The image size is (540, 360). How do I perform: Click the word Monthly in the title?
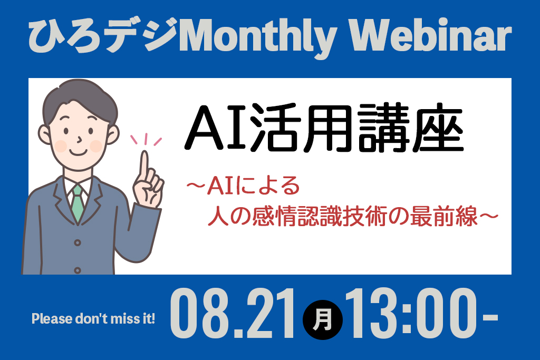click(x=257, y=37)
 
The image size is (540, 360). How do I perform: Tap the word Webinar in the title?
click(x=430, y=35)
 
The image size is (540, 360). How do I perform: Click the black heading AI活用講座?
click(x=324, y=128)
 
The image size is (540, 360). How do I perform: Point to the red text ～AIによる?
click(x=243, y=186)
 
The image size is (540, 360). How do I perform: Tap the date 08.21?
click(x=233, y=314)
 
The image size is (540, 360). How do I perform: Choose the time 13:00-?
click(x=421, y=314)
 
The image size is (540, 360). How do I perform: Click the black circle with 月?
click(x=322, y=320)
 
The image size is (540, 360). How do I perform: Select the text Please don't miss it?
click(x=93, y=319)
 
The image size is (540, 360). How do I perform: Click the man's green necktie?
click(x=78, y=204)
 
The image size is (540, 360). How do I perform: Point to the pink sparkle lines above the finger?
click(x=146, y=139)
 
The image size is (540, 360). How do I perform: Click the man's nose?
click(x=80, y=139)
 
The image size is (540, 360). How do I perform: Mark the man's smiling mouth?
click(x=78, y=152)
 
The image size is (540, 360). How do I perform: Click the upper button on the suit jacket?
click(x=78, y=243)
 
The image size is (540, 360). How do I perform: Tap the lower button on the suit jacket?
click(x=78, y=270)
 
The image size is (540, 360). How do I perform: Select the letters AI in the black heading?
click(x=216, y=128)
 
